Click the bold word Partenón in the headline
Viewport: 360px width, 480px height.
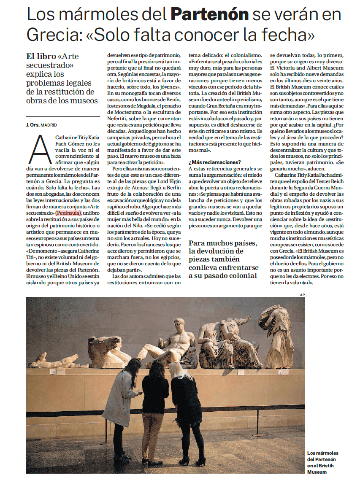209,15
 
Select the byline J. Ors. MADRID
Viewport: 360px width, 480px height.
41,125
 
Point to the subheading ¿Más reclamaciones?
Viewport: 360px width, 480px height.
215,162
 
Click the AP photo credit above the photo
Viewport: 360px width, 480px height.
302,294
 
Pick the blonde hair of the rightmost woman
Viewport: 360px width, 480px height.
176,370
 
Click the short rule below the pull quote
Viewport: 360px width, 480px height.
197,284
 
